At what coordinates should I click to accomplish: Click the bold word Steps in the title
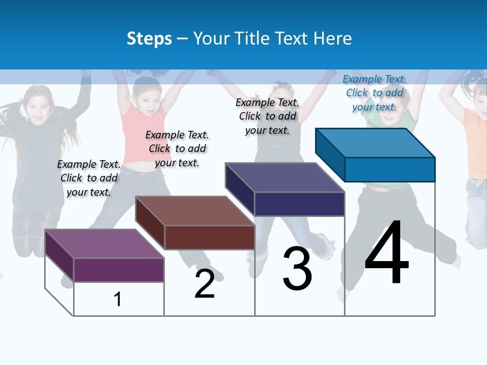pos(149,39)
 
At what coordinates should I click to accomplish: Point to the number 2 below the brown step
pos(204,284)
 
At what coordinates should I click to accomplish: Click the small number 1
pos(118,299)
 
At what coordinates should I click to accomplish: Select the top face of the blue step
pos(375,142)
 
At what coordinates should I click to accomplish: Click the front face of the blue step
pos(390,169)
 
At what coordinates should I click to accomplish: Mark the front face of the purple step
pos(119,270)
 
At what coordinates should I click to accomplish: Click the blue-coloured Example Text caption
pos(374,93)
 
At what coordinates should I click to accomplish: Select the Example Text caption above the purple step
pos(89,178)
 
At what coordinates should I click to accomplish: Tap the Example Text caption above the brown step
pos(177,149)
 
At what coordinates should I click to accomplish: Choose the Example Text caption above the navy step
pos(267,116)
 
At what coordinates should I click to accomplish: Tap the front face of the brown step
pos(210,237)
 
